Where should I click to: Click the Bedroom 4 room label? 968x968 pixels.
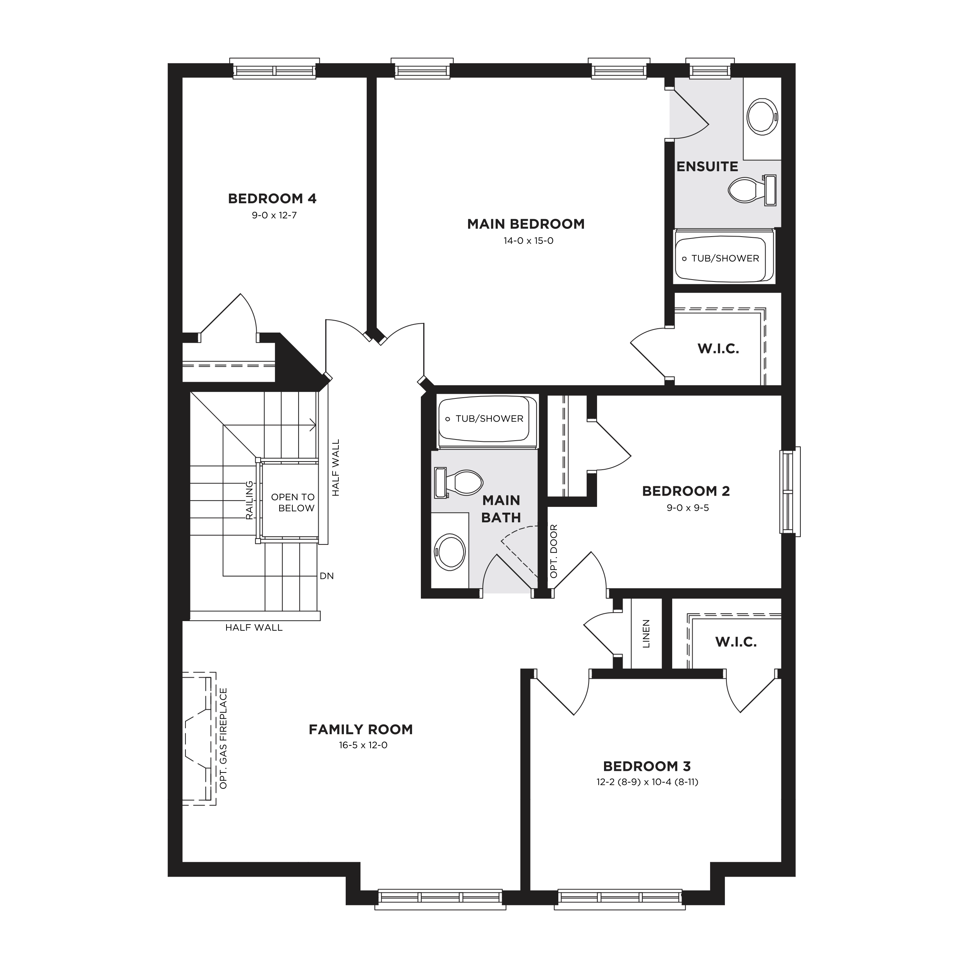272,199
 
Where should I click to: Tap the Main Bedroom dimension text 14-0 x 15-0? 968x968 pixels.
528,240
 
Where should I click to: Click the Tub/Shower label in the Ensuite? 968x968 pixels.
725,259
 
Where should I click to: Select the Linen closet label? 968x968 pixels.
646,634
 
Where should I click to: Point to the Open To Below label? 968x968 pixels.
293,503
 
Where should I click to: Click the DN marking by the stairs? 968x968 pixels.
327,576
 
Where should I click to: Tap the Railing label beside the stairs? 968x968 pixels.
249,500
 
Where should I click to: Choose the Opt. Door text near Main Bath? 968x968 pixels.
554,551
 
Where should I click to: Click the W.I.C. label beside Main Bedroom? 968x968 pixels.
719,349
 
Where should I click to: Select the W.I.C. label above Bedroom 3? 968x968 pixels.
736,642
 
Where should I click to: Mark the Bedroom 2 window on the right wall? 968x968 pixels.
790,491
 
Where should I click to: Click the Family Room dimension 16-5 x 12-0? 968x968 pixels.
363,745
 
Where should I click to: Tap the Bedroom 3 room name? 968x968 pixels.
647,767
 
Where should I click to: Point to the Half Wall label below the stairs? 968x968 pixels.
254,627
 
